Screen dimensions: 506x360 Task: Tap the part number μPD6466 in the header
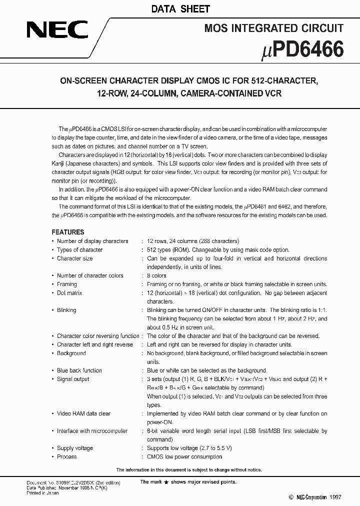303,50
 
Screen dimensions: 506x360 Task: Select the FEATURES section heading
68,232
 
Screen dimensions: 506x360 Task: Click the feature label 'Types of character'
79,249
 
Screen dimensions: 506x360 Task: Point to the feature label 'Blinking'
66,310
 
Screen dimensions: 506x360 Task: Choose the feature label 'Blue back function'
79,370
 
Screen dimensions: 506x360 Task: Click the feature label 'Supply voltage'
74,448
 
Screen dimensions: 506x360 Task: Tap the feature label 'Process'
66,456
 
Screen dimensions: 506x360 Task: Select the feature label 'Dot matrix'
69,293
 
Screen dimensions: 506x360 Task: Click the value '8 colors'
157,275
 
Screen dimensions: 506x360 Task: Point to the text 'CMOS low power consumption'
184,456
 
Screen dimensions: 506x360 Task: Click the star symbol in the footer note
173,482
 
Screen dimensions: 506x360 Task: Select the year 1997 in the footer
335,497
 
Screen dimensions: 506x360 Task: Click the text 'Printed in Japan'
42,493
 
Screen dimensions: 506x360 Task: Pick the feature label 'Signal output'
73,379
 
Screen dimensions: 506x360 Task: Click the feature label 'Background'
71,353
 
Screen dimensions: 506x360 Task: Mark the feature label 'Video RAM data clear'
83,413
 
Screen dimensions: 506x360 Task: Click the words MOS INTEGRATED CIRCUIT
273,28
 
